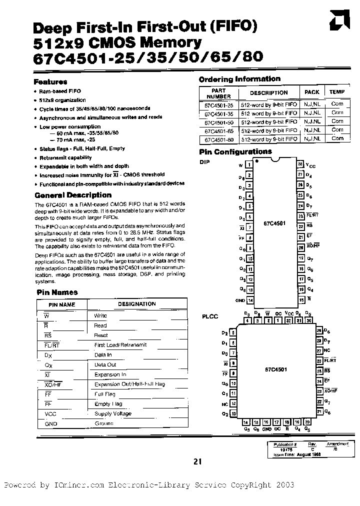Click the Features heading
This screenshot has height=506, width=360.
pyautogui.click(x=50, y=81)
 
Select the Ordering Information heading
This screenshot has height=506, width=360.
pyautogui.click(x=239, y=79)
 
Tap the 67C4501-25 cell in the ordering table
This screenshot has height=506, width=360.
pyautogui.click(x=218, y=104)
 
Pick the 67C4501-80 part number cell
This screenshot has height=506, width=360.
pyautogui.click(x=218, y=138)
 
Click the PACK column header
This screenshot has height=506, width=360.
pyautogui.click(x=311, y=92)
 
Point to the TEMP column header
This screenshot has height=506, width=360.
pyautogui.click(x=337, y=92)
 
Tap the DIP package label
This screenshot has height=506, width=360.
pyautogui.click(x=205, y=162)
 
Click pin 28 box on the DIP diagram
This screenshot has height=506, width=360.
pyautogui.click(x=300, y=164)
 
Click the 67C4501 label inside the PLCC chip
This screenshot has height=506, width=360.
pyautogui.click(x=275, y=369)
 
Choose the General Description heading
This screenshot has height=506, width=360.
pyautogui.click(x=73, y=195)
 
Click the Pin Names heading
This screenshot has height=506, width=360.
pyautogui.click(x=57, y=292)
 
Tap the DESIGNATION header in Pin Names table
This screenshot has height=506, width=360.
pyautogui.click(x=136, y=304)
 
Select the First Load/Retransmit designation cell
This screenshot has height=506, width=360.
pyautogui.click(x=120, y=345)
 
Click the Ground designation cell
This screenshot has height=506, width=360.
pyautogui.click(x=104, y=423)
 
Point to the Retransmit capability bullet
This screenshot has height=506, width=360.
pyautogui.click(x=65, y=157)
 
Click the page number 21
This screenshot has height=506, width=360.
pyautogui.click(x=197, y=462)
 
